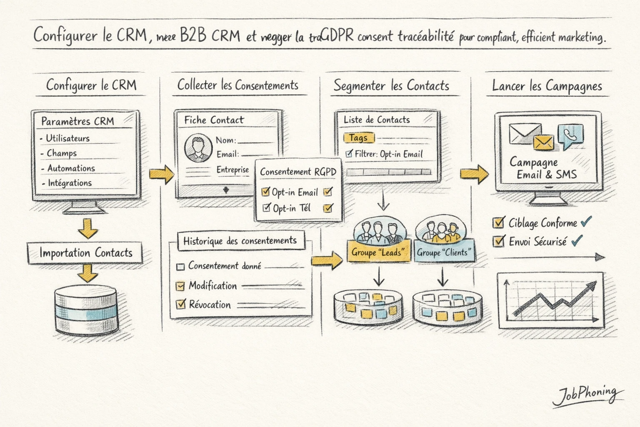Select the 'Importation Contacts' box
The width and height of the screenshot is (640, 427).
85,253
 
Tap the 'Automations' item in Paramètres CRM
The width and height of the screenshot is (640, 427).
71,168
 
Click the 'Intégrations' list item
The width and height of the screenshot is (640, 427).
70,183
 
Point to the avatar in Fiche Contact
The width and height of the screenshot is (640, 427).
198,148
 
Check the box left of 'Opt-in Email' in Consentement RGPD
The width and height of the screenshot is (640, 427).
265,192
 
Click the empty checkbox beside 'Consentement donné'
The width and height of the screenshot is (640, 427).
180,267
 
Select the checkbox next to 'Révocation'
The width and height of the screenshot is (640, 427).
180,304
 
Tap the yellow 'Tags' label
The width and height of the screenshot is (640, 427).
358,138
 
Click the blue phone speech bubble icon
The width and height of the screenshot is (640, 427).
570,135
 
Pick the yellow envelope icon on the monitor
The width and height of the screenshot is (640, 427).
543,143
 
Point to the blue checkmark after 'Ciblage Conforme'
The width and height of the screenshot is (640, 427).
586,221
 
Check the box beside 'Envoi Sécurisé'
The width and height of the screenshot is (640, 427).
498,241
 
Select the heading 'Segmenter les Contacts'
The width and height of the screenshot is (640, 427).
391,86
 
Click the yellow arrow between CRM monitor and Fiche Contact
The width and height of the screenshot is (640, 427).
161,174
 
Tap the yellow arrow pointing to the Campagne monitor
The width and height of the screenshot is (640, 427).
474,174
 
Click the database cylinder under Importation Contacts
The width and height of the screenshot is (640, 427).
86,311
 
